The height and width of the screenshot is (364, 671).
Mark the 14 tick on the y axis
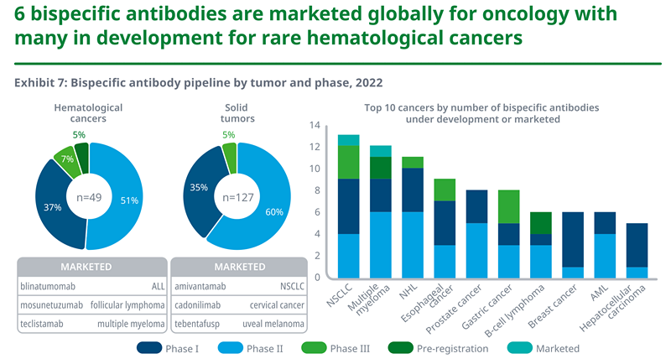coord(315,126)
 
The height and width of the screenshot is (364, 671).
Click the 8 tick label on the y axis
coord(317,190)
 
